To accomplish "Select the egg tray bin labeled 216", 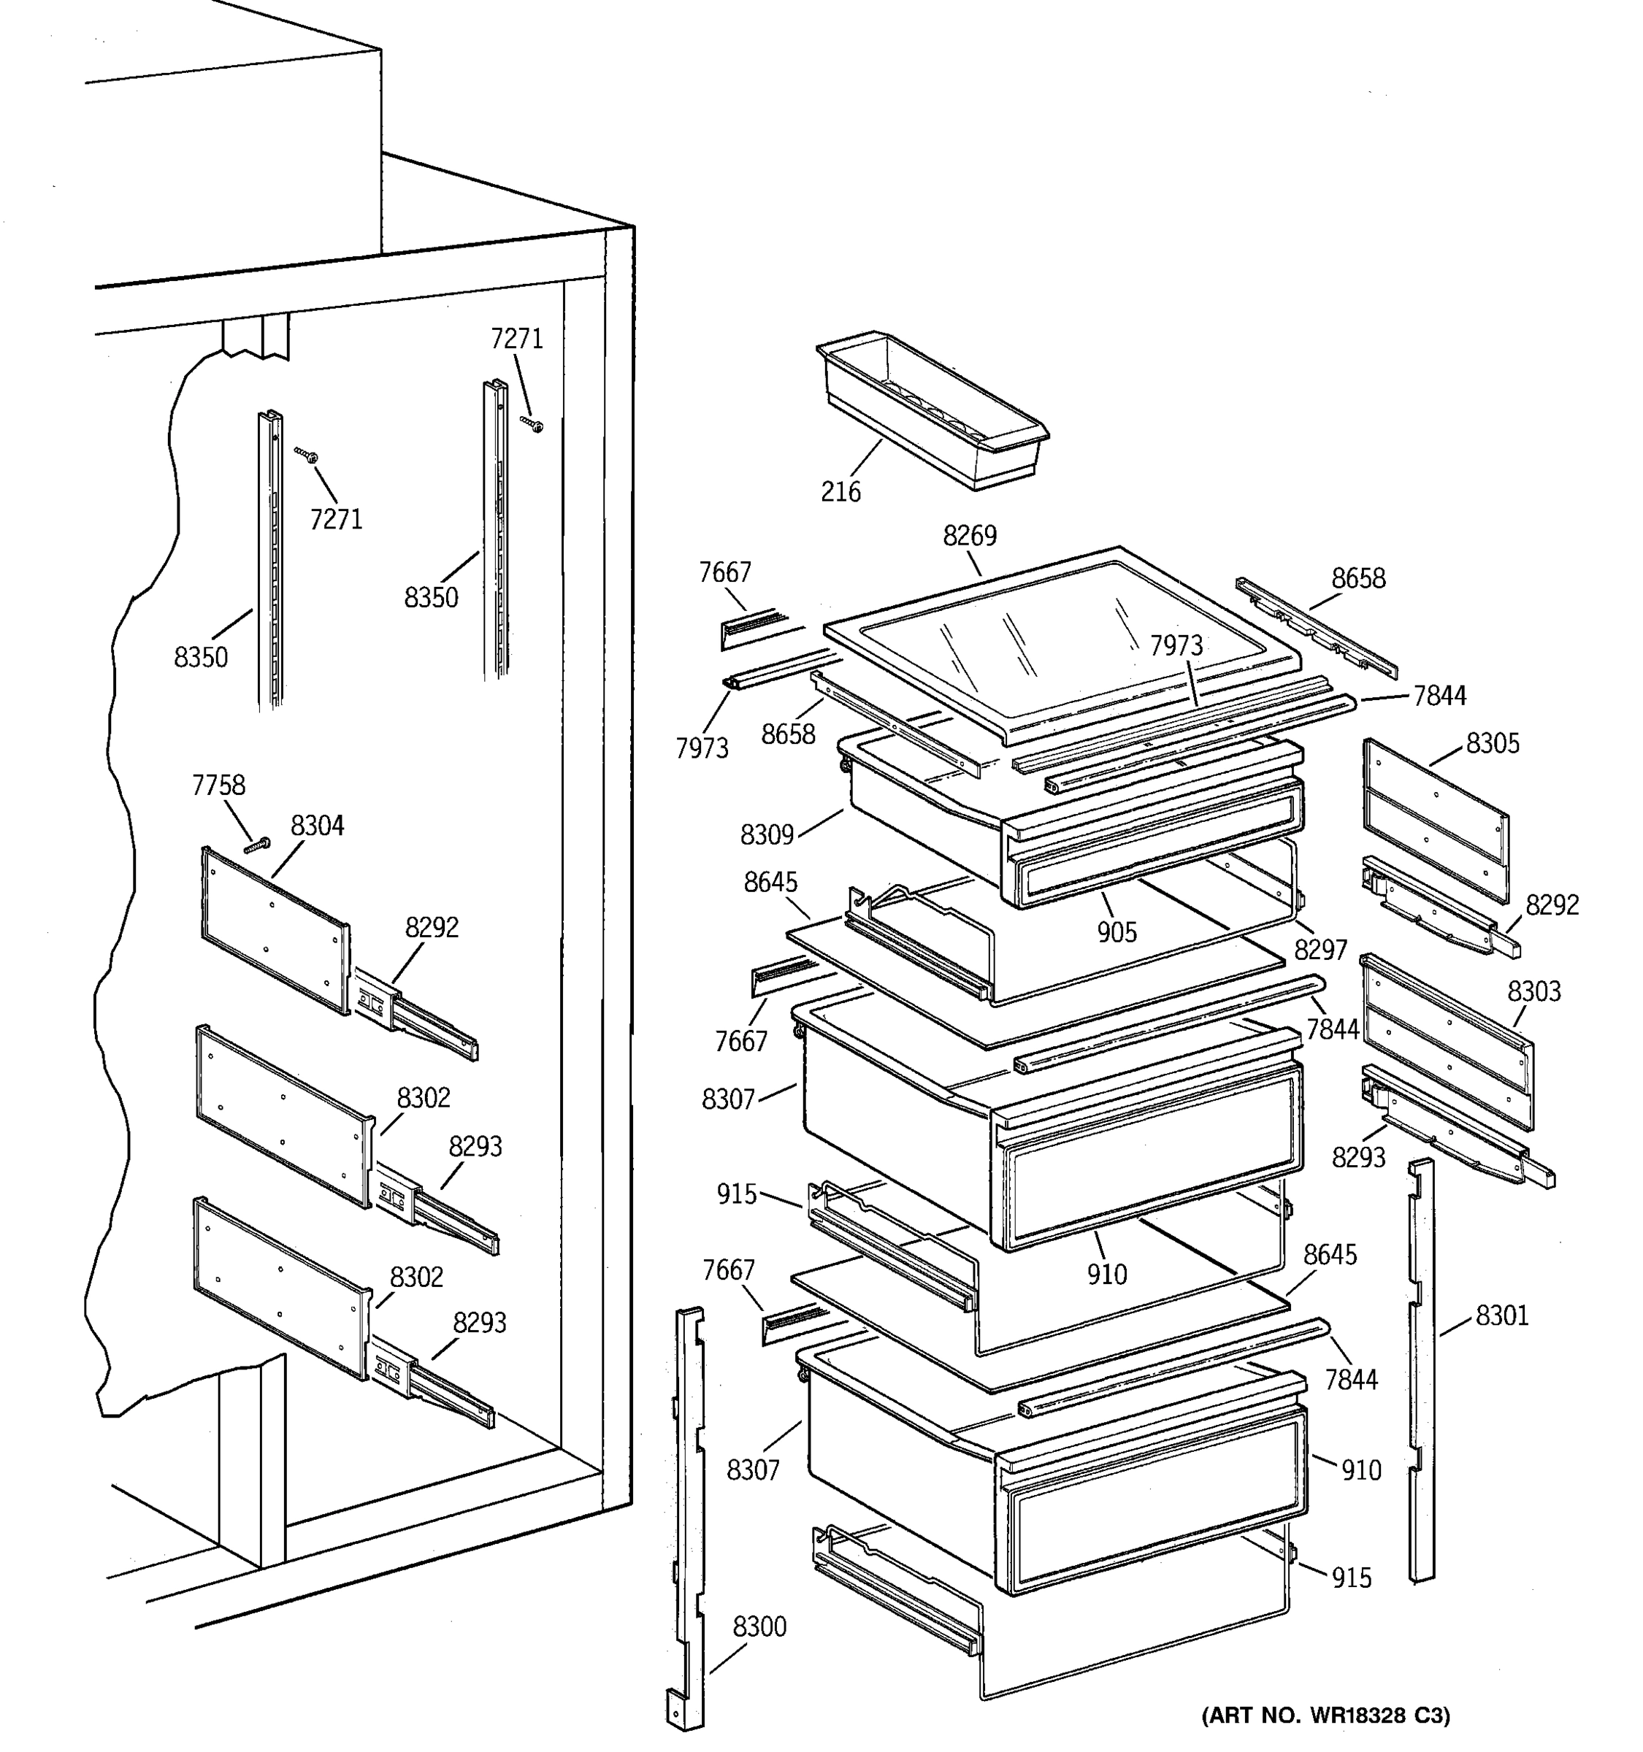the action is (932, 410).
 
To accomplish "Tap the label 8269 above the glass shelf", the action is (970, 536).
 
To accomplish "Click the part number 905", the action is (1117, 931).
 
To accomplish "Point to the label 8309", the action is (767, 834).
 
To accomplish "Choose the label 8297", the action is (1320, 949).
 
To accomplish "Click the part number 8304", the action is (318, 826).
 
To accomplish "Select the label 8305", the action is (1493, 744).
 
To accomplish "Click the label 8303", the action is (1533, 991).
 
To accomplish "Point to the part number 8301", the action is (1502, 1315).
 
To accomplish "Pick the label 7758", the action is (218, 785).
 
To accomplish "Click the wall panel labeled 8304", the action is (276, 930).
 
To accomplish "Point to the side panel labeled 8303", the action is (1447, 1041).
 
